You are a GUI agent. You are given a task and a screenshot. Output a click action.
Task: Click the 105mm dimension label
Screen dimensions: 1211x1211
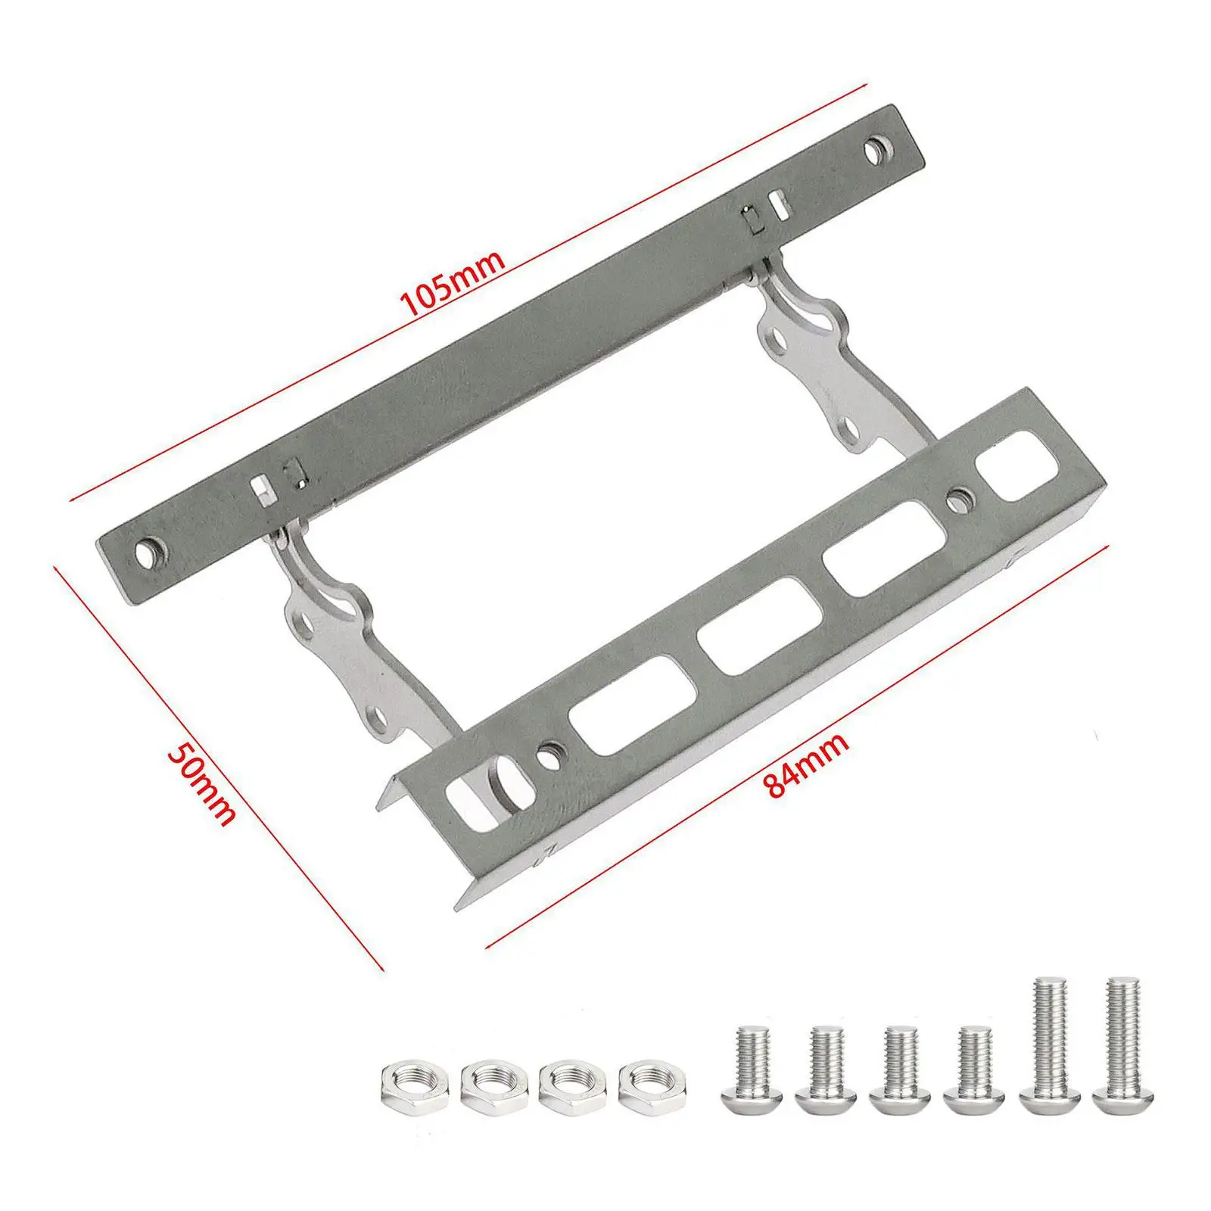tap(453, 283)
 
